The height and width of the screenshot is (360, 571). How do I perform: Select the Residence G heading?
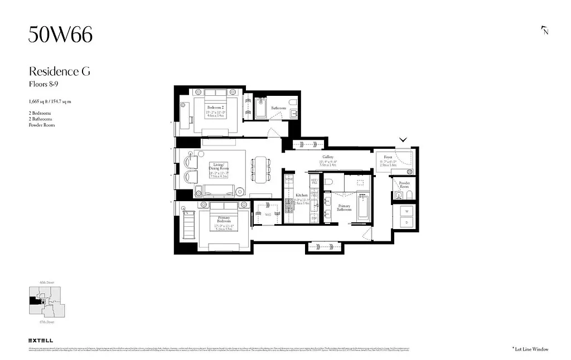pos(59,71)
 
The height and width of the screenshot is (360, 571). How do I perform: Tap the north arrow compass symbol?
pos(545,31)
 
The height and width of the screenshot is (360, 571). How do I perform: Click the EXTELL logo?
pos(41,340)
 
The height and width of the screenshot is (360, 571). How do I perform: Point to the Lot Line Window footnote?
pos(530,349)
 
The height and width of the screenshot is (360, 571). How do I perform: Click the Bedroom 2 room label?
pos(215,108)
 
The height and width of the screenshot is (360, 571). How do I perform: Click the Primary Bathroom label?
pos(344,207)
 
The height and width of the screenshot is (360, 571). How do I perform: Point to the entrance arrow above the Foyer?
pos(403,140)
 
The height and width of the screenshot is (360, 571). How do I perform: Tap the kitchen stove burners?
pos(289,207)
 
